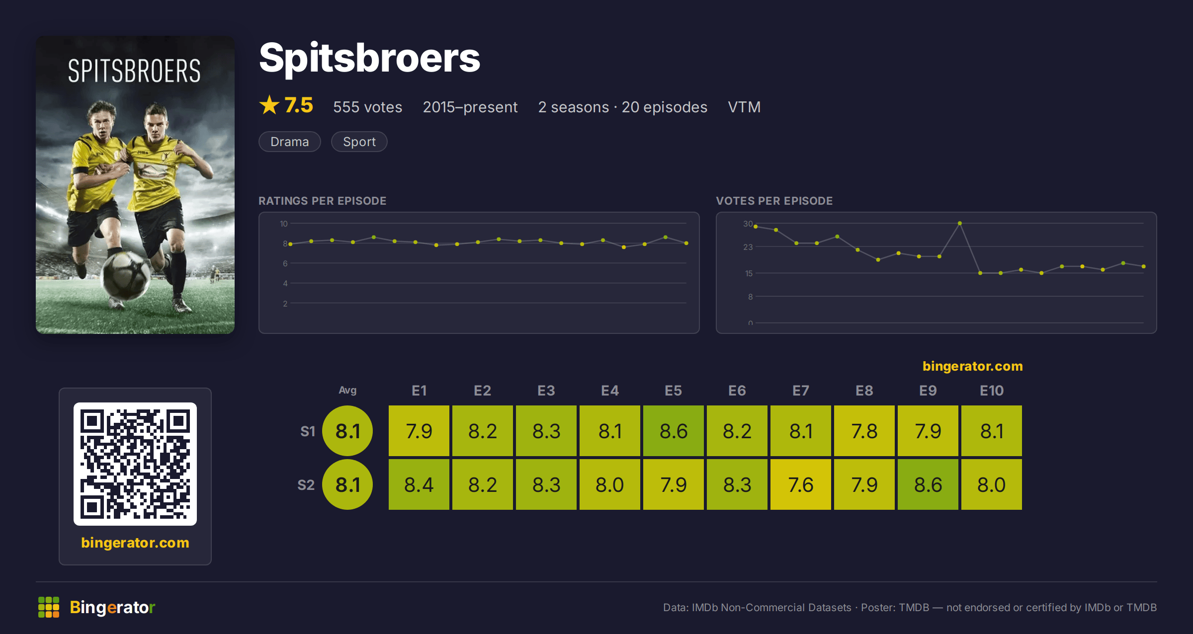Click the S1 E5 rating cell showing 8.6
(x=674, y=431)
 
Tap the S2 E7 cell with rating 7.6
(x=801, y=484)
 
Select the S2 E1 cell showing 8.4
(x=419, y=484)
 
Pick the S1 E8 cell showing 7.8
(x=864, y=431)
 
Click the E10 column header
(x=992, y=391)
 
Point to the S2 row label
(x=306, y=485)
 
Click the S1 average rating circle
(x=347, y=431)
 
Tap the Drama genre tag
(x=290, y=142)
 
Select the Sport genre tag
(x=359, y=142)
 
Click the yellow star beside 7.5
(x=269, y=105)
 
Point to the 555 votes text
(x=367, y=107)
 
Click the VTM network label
(x=744, y=107)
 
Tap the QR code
(x=135, y=464)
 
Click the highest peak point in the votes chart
(x=960, y=224)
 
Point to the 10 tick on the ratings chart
(x=283, y=224)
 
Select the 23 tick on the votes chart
(x=748, y=247)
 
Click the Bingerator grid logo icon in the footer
(x=49, y=607)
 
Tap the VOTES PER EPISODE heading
(x=774, y=201)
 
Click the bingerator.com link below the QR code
(x=135, y=543)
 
